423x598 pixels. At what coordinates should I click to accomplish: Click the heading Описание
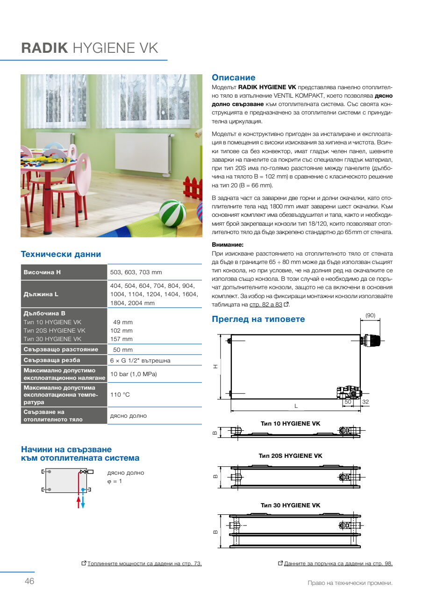234,78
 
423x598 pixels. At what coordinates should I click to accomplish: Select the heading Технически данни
61,254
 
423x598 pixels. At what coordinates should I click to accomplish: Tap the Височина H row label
43,272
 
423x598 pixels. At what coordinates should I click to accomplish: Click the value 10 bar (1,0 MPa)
133,374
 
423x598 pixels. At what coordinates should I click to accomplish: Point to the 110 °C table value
120,395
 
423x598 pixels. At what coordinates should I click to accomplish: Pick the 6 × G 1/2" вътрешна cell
140,360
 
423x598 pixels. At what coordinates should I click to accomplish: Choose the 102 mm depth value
122,331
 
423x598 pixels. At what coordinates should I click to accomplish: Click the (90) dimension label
370,315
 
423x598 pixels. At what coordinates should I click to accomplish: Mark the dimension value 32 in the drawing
366,402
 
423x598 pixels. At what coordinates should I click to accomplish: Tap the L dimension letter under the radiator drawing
296,406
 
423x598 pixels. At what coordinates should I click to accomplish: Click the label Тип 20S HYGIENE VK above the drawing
290,456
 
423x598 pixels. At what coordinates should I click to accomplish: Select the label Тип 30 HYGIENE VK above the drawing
290,505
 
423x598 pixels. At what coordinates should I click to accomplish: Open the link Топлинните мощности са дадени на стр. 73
144,563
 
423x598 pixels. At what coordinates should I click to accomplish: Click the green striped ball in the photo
172,213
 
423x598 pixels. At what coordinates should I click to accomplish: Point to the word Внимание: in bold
228,244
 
